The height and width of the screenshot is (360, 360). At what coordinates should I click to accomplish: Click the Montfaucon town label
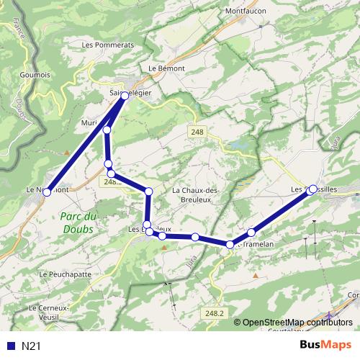[246, 12]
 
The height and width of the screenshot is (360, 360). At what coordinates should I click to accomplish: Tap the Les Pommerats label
[108, 45]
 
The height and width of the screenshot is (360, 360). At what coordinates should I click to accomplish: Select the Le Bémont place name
[166, 68]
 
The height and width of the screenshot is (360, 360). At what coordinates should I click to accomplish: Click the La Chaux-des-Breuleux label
[197, 194]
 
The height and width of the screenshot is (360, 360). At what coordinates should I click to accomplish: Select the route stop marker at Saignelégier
[125, 95]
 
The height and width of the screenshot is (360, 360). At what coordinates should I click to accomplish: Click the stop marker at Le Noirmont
[48, 192]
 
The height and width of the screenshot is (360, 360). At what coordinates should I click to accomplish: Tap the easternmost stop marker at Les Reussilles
[312, 189]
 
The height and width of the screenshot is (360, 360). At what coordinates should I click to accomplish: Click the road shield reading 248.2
[215, 313]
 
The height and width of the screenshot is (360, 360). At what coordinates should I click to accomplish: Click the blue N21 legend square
[10, 346]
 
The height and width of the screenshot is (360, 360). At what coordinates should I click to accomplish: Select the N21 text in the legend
[30, 346]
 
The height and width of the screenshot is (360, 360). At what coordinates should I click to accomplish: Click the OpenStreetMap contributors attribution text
[297, 322]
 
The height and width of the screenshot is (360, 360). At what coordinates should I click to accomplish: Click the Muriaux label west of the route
[89, 123]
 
